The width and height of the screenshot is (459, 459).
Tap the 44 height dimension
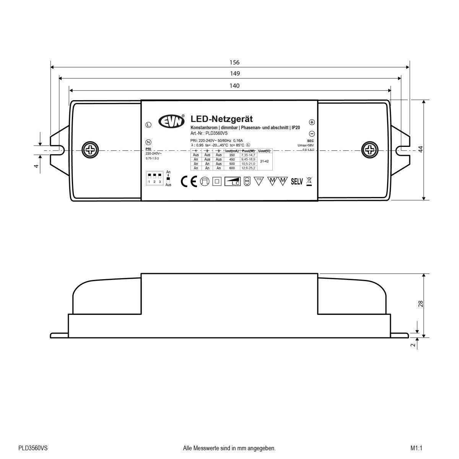(420, 149)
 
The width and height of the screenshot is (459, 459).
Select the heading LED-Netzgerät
(221, 120)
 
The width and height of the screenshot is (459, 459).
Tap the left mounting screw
(90, 149)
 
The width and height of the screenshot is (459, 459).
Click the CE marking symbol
(189, 181)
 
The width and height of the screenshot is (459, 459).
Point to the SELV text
(297, 182)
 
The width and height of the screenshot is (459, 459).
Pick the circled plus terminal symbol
(312, 122)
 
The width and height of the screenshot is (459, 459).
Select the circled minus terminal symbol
(312, 133)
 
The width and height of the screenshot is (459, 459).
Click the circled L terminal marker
(148, 125)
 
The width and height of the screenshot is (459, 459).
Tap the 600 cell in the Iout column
(232, 168)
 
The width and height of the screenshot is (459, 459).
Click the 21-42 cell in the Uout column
(264, 161)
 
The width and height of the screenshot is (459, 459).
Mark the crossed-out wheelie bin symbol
(309, 181)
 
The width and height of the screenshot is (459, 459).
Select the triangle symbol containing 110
(259, 181)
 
